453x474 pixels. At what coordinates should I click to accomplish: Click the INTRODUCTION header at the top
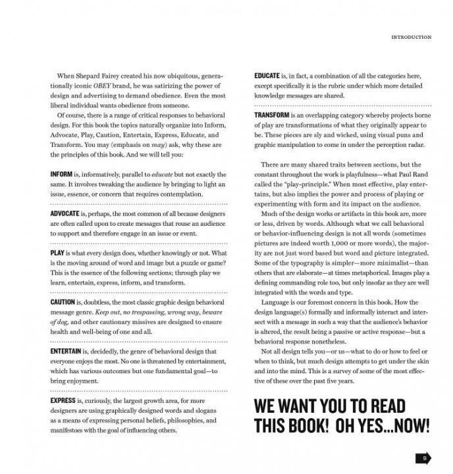pyautogui.click(x=411, y=37)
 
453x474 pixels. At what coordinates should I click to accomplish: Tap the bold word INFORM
pyautogui.click(x=62, y=174)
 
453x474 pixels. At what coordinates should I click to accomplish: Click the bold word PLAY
pyautogui.click(x=58, y=253)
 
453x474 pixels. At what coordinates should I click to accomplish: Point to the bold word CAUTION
pyautogui.click(x=63, y=302)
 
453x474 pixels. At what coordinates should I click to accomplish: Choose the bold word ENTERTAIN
pyautogui.click(x=65, y=352)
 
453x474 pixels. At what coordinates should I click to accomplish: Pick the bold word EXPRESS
pyautogui.click(x=63, y=400)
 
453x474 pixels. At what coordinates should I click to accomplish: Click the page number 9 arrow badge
pyautogui.click(x=423, y=457)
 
